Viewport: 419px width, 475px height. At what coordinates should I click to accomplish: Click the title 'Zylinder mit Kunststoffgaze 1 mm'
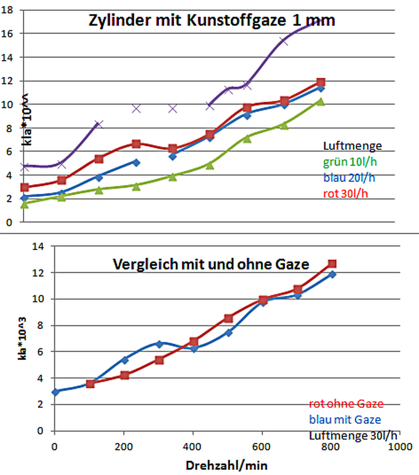pos(212,20)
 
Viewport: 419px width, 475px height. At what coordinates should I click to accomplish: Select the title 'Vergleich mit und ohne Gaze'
pos(211,264)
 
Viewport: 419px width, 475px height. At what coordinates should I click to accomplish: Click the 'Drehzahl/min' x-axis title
pos(226,464)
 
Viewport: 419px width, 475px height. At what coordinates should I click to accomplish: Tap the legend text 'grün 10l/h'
pos(349,162)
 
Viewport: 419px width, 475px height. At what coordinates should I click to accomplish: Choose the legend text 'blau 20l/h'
pos(348,177)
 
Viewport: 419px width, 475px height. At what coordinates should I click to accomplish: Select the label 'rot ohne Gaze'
pos(346,404)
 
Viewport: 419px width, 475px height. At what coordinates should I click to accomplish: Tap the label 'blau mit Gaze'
pos(345,419)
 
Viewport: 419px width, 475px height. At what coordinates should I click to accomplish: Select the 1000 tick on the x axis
pos(401,445)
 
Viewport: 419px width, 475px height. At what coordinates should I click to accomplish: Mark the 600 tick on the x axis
pos(263,445)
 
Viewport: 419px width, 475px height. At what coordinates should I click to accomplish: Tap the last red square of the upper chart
pos(320,82)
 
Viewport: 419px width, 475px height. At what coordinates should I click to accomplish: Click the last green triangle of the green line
pos(320,102)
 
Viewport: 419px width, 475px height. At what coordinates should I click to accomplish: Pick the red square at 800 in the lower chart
pos(332,264)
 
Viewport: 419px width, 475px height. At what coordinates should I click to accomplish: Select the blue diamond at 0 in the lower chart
pos(55,391)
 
